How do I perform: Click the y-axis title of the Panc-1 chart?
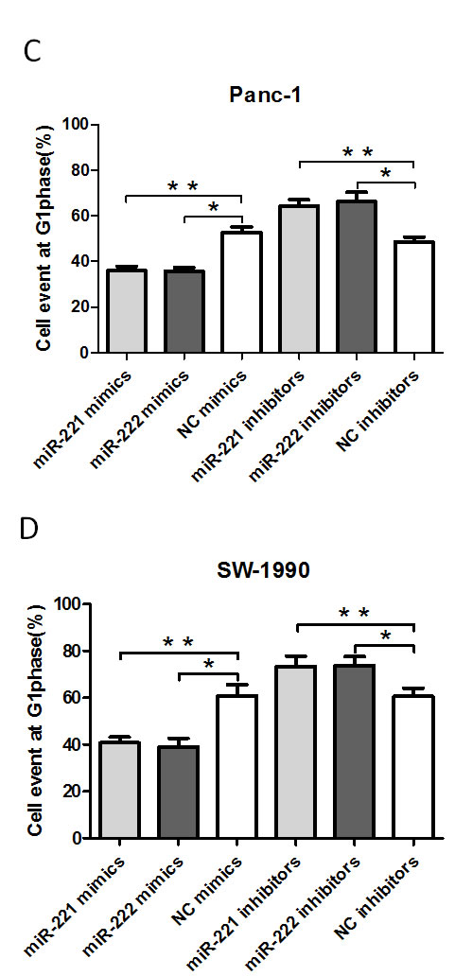tap(44, 237)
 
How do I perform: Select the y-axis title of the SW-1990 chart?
tap(44, 719)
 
